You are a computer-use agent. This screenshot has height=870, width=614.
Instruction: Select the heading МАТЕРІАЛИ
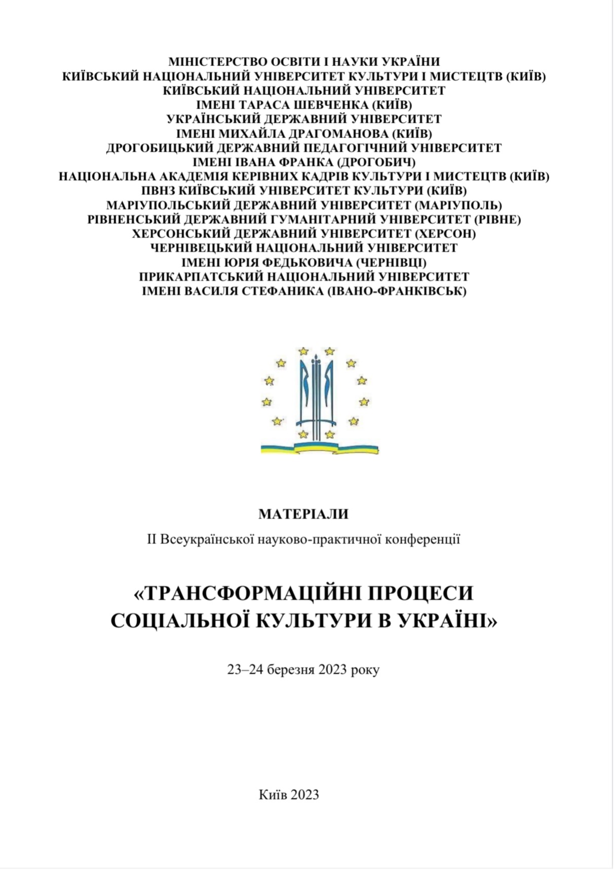click(x=303, y=514)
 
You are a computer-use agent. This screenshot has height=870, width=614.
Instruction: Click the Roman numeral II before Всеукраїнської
click(x=152, y=539)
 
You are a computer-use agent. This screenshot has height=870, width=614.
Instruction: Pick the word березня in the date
click(x=291, y=669)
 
